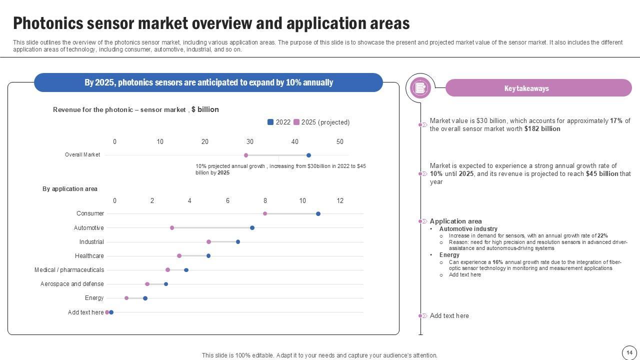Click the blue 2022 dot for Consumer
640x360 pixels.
click(x=318, y=214)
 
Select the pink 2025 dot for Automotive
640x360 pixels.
click(x=172, y=228)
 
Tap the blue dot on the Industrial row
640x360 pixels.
click(x=238, y=242)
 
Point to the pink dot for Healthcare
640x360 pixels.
click(x=179, y=256)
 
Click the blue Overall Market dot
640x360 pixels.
click(x=308, y=155)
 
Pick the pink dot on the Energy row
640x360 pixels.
click(x=126, y=298)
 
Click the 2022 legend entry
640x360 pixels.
click(x=279, y=122)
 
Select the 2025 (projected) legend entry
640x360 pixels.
click(x=321, y=122)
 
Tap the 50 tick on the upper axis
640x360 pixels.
click(x=340, y=142)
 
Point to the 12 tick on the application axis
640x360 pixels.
click(x=340, y=201)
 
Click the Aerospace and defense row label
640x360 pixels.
click(x=72, y=284)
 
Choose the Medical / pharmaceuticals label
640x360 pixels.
click(x=69, y=270)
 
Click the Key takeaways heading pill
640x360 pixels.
click(x=538, y=88)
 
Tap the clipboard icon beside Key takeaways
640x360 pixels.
click(x=420, y=88)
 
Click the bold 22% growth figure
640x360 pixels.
click(x=602, y=236)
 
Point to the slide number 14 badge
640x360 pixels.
click(x=629, y=352)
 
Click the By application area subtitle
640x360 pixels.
click(x=70, y=189)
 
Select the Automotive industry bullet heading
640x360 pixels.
click(x=468, y=229)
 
